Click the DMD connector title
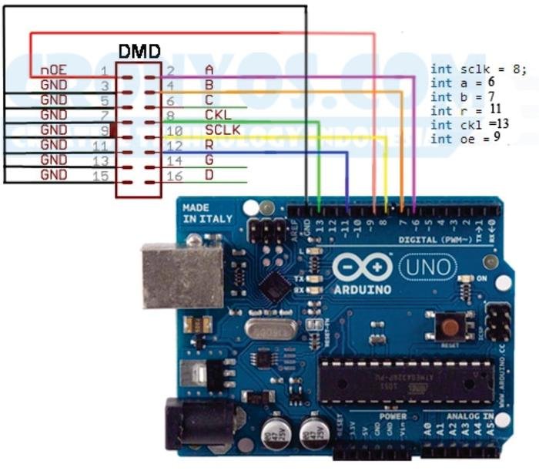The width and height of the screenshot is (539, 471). click(x=139, y=52)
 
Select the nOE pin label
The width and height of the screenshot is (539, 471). click(x=53, y=70)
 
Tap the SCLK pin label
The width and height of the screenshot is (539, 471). click(x=223, y=130)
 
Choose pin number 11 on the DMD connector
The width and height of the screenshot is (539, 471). click(x=99, y=145)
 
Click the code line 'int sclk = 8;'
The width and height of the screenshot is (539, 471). click(x=478, y=69)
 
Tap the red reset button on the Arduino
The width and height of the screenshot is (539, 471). click(x=450, y=326)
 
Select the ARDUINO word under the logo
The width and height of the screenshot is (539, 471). click(x=362, y=289)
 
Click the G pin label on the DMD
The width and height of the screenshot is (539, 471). click(x=209, y=160)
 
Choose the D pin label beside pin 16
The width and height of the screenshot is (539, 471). click(x=209, y=175)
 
